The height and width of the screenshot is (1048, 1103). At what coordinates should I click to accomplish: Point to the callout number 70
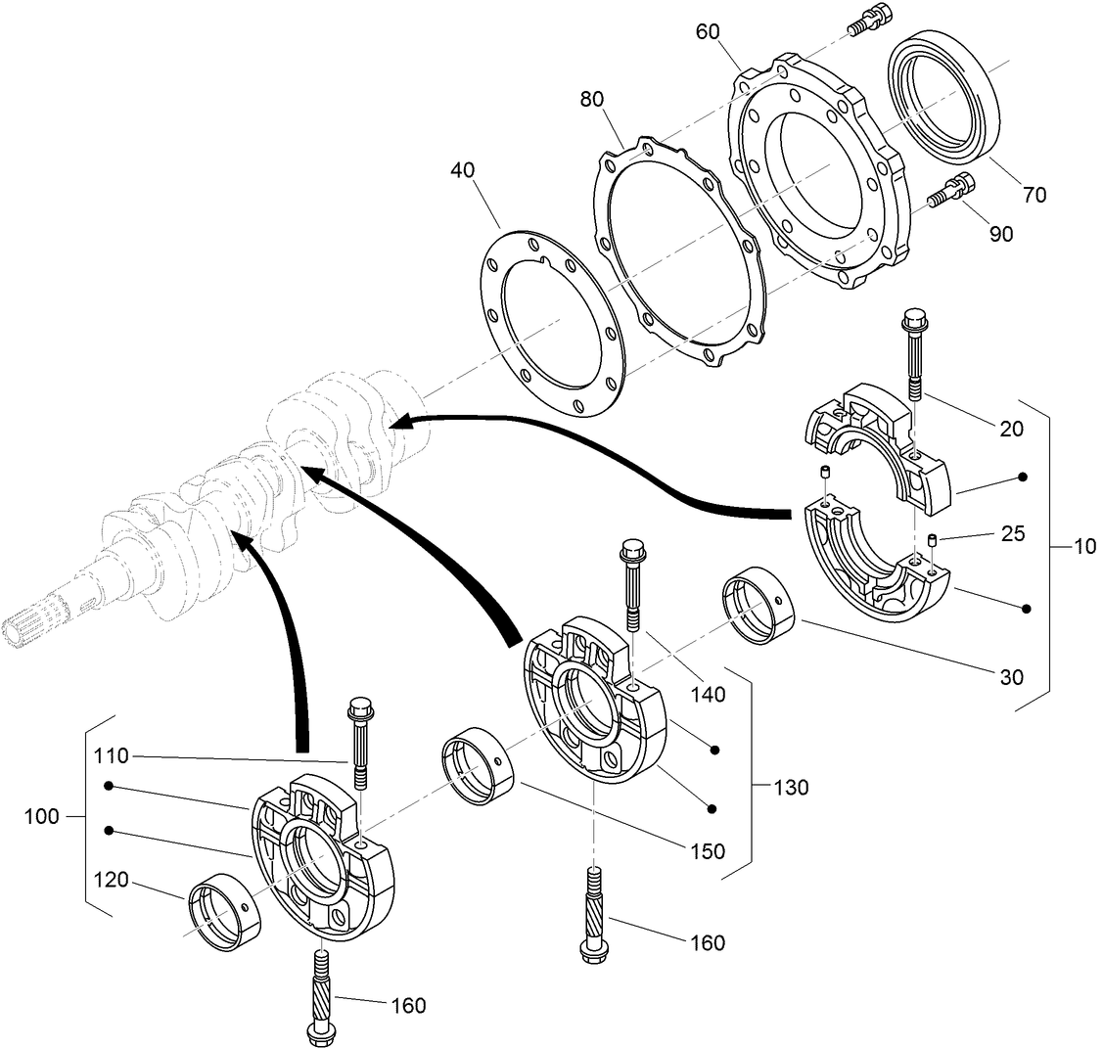(x=1034, y=195)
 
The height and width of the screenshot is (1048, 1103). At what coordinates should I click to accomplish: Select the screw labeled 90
(x=945, y=191)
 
